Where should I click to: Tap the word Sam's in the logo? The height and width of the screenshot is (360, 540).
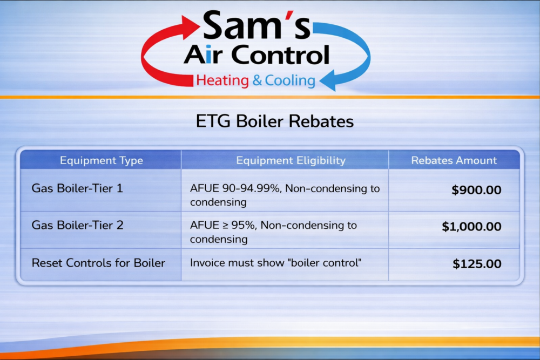pyautogui.click(x=256, y=27)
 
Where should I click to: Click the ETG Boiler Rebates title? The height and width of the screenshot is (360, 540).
pyautogui.click(x=274, y=121)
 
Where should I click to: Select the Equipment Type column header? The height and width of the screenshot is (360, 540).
pyautogui.click(x=102, y=160)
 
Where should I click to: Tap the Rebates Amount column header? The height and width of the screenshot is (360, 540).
pyautogui.click(x=454, y=160)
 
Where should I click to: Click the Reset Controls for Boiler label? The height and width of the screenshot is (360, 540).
pyautogui.click(x=98, y=263)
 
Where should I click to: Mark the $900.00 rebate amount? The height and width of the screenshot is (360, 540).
pyautogui.click(x=477, y=190)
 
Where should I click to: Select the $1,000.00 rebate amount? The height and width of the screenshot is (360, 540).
pyautogui.click(x=471, y=227)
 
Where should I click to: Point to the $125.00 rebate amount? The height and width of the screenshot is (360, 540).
pyautogui.click(x=477, y=264)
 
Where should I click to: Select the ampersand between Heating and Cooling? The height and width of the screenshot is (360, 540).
pyautogui.click(x=256, y=81)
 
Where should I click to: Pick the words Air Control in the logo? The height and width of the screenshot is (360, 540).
pyautogui.click(x=256, y=55)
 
